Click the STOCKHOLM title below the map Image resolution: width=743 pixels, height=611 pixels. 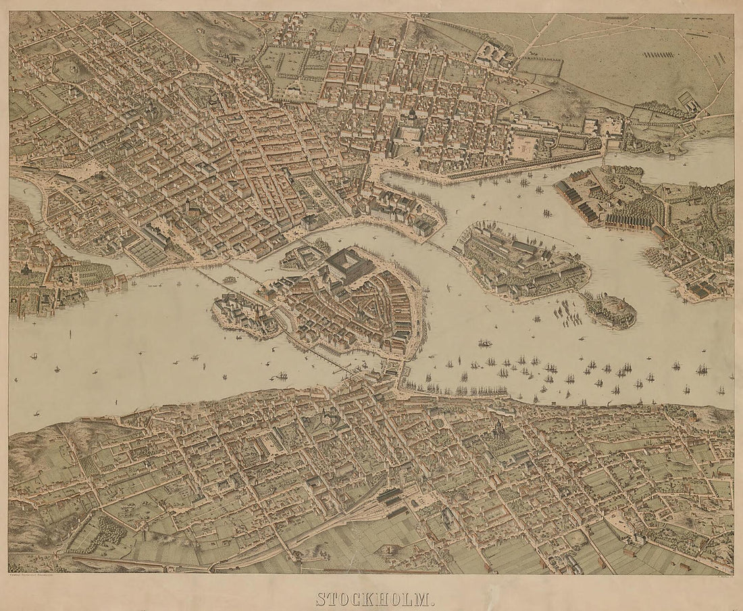click(x=371, y=599)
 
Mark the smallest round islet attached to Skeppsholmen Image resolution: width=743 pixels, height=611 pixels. click(x=609, y=311)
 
